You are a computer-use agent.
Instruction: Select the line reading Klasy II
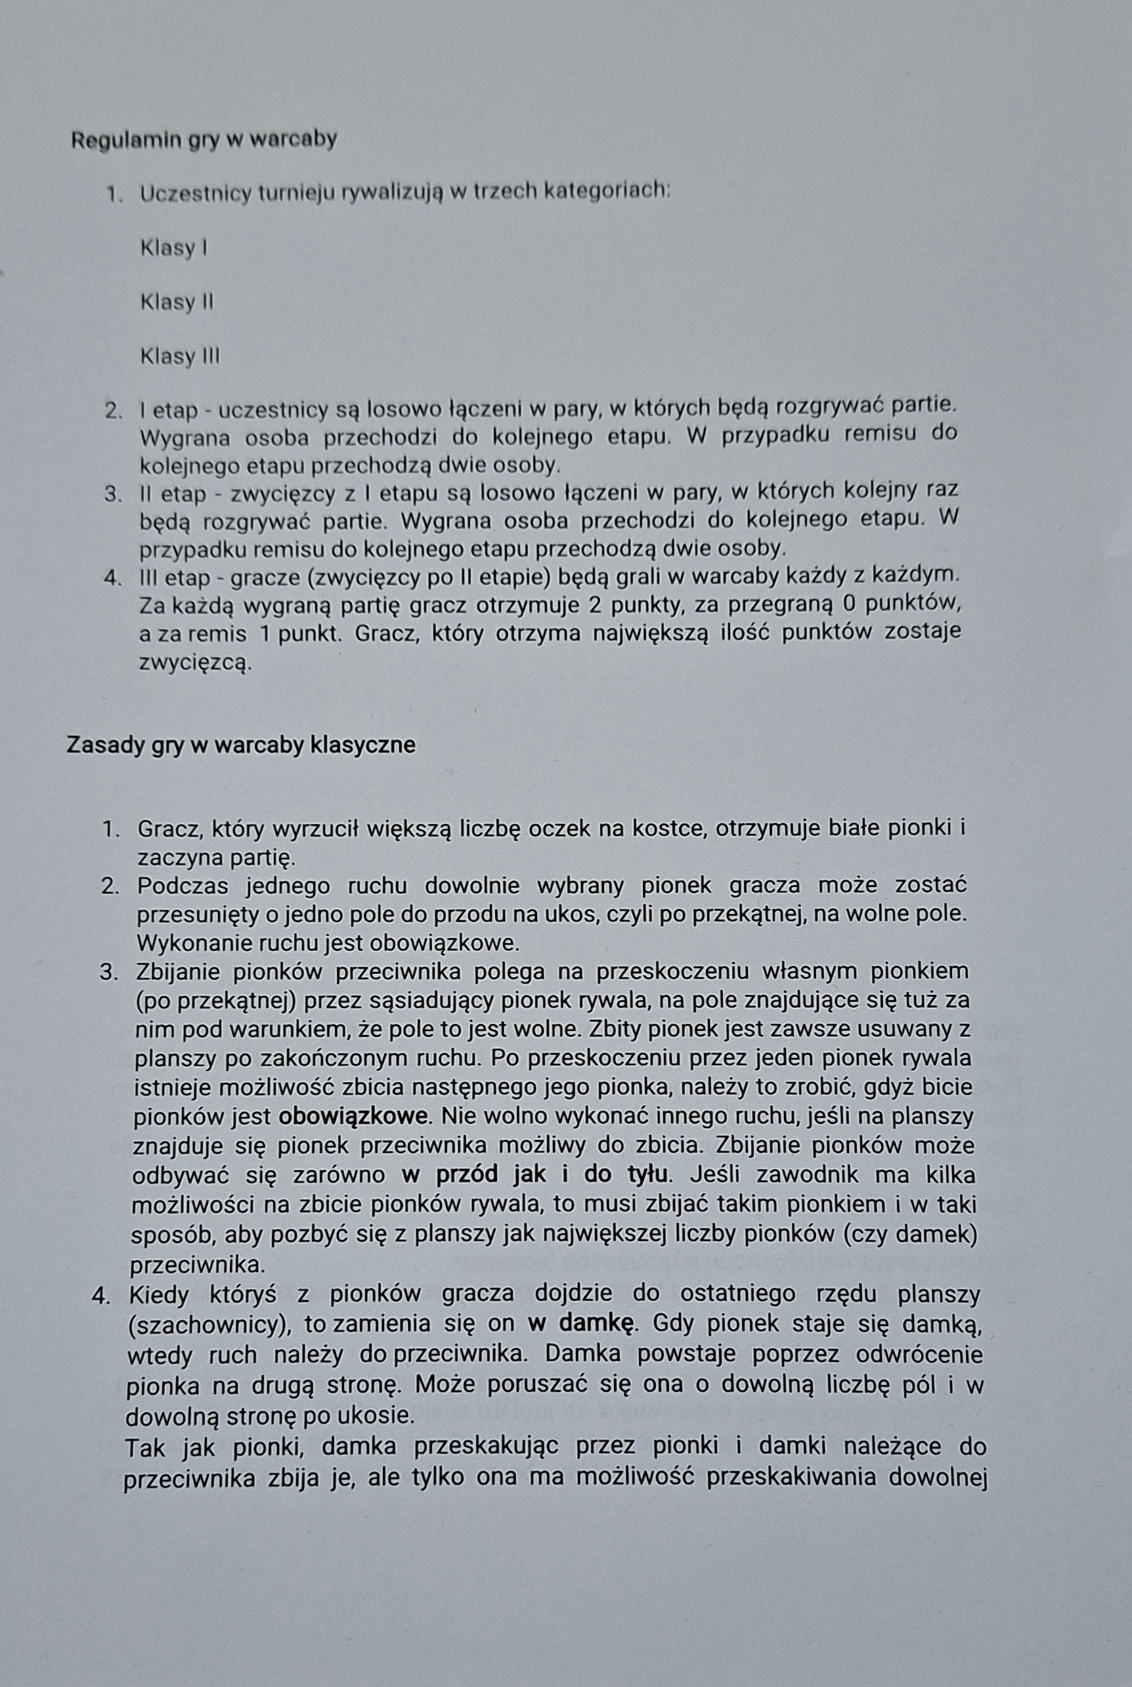coord(177,302)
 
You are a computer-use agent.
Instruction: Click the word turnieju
coord(301,194)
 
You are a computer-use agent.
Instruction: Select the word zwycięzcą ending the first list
coord(195,661)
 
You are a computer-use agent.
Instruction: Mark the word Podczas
coord(182,885)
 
